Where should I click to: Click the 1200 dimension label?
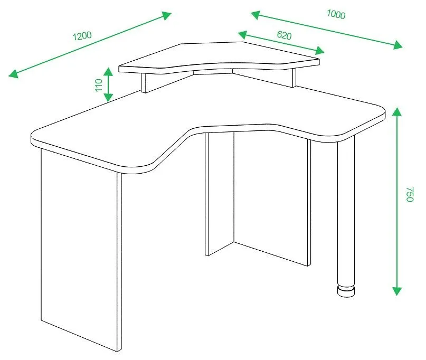point(82,36)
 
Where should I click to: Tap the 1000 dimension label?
point(336,14)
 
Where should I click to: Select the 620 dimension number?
point(284,35)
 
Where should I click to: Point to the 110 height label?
point(99,85)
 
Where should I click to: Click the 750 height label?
point(410,194)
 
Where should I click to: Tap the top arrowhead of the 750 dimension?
point(397,112)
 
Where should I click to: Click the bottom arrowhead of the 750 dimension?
point(397,291)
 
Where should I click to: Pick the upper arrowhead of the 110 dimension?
point(108,72)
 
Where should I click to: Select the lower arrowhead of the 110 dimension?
point(108,98)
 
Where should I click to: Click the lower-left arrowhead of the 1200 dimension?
point(14,73)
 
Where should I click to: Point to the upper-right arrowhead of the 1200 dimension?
point(166,15)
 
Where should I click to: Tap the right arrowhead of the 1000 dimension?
point(397,45)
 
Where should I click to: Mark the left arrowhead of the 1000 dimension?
point(255,15)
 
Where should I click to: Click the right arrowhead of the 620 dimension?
point(319,51)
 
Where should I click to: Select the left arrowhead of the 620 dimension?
point(243,34)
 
